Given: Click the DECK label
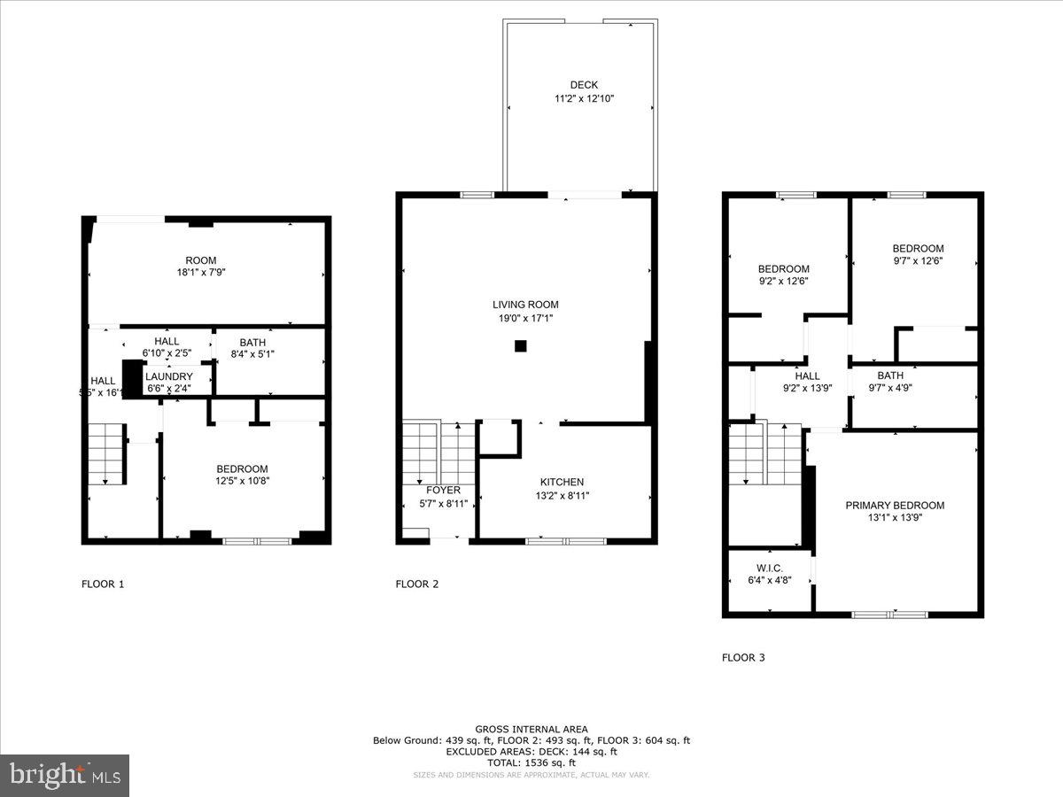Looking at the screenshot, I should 583,85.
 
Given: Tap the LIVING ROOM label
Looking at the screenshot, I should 526,305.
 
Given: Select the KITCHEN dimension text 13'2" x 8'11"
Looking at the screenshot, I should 562,496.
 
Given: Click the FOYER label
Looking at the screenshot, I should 443,490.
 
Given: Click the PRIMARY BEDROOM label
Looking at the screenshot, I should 895,506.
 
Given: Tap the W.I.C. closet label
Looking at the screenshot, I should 769,569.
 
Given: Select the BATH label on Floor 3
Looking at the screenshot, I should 890,375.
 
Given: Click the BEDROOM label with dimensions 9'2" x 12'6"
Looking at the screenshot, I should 783,269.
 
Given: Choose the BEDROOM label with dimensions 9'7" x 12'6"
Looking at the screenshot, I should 918,249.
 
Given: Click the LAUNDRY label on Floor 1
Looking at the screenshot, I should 169,376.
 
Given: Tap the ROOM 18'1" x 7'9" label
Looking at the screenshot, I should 201,260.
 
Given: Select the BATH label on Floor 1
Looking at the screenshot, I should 252,343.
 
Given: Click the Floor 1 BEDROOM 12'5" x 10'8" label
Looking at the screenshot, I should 242,469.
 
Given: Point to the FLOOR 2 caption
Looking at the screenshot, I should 416,584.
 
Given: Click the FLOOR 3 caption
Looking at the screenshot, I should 743,657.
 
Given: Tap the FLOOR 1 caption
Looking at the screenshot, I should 103,584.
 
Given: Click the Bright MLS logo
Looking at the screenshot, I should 65,776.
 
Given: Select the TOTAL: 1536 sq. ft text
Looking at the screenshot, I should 531,762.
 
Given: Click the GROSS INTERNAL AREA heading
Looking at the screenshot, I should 531,729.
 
